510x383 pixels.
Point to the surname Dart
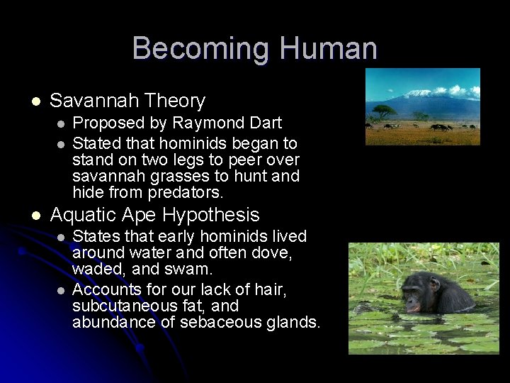[x=267, y=123]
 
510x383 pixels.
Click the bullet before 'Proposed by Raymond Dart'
[x=61, y=123]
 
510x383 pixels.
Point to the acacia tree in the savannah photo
[x=384, y=111]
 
